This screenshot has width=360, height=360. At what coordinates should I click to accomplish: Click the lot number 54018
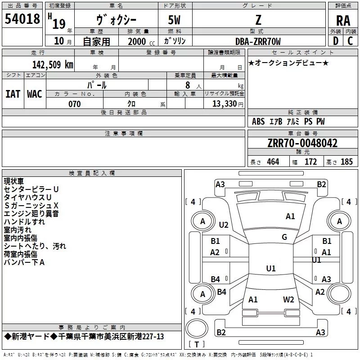[x=22, y=19]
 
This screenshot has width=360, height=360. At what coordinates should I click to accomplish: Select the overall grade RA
[x=343, y=21]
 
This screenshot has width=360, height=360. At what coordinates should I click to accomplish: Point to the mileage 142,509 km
[x=53, y=65]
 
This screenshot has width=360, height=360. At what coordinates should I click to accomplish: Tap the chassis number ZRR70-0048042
[x=302, y=143]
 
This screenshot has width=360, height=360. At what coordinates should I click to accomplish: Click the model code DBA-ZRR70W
[x=258, y=41]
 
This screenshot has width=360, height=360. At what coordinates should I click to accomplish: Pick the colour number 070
[x=74, y=104]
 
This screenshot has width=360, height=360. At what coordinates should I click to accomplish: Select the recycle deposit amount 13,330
[x=224, y=104]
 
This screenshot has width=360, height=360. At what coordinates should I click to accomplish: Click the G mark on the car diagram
[x=284, y=237]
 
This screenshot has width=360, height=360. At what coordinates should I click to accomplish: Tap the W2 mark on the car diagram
[x=288, y=299]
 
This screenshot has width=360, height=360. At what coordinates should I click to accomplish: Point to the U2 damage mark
[x=223, y=225]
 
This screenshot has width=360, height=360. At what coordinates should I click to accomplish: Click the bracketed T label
[x=197, y=344]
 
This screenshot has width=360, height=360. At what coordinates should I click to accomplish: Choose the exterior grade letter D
[x=336, y=41]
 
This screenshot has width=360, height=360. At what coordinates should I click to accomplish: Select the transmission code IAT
[x=13, y=94]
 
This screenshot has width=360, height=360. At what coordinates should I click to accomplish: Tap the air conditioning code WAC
[x=35, y=94]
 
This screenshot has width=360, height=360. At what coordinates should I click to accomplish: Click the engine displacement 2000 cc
[x=141, y=41]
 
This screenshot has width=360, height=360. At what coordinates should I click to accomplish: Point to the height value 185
[x=346, y=162]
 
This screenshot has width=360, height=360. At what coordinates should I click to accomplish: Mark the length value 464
[x=273, y=162]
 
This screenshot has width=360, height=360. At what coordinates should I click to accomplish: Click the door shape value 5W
[x=174, y=20]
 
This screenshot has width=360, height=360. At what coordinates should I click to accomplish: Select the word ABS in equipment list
[x=258, y=121]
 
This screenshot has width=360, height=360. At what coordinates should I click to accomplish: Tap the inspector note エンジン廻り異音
[x=31, y=214]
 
